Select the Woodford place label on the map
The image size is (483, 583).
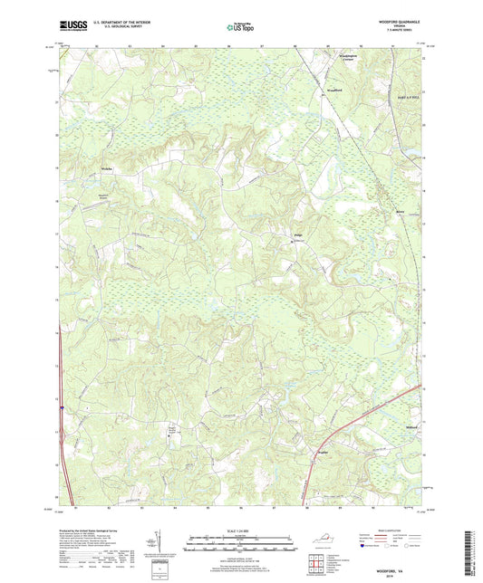[334, 91]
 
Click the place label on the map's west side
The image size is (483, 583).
[106, 168]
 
